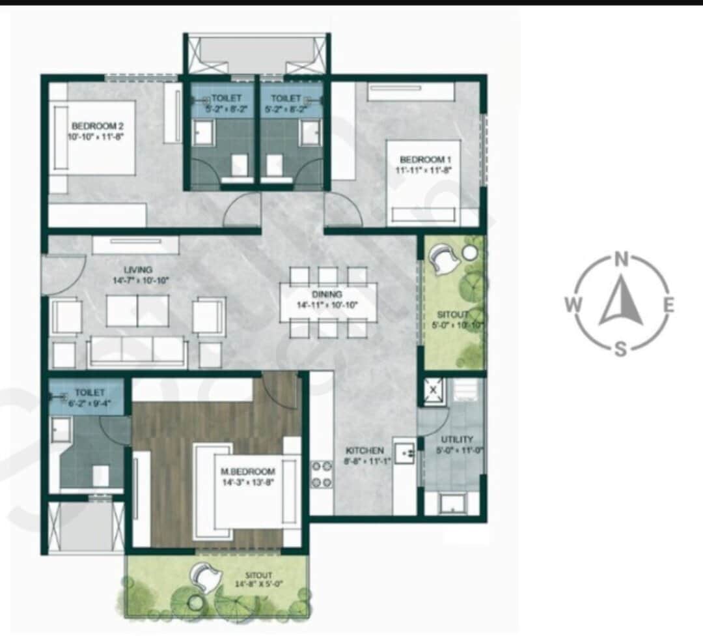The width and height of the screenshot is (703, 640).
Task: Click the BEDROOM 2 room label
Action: coord(97,126)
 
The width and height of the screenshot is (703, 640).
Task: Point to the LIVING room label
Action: coord(138,270)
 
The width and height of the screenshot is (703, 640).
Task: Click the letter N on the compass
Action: coord(622,261)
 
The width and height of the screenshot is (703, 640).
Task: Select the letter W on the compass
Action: coord(573,304)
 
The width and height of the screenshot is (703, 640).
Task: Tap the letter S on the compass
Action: coord(621,349)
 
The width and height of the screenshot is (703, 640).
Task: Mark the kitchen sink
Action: coord(404,453)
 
